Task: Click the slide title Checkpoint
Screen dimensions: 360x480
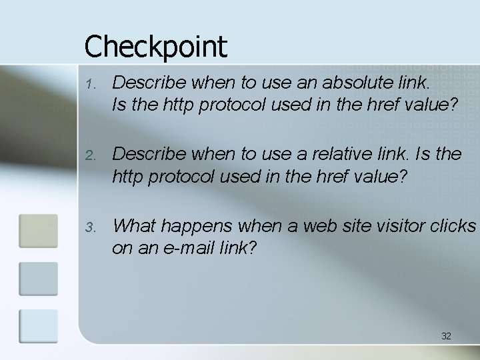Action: pos(155,47)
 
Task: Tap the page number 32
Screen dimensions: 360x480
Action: pos(446,336)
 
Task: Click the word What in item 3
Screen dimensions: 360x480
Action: pos(134,227)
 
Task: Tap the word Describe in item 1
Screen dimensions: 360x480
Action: pos(150,83)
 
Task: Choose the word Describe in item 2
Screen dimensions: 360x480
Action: pos(150,155)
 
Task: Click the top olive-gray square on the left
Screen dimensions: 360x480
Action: pos(39,231)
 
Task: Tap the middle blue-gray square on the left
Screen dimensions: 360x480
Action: pos(39,279)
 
